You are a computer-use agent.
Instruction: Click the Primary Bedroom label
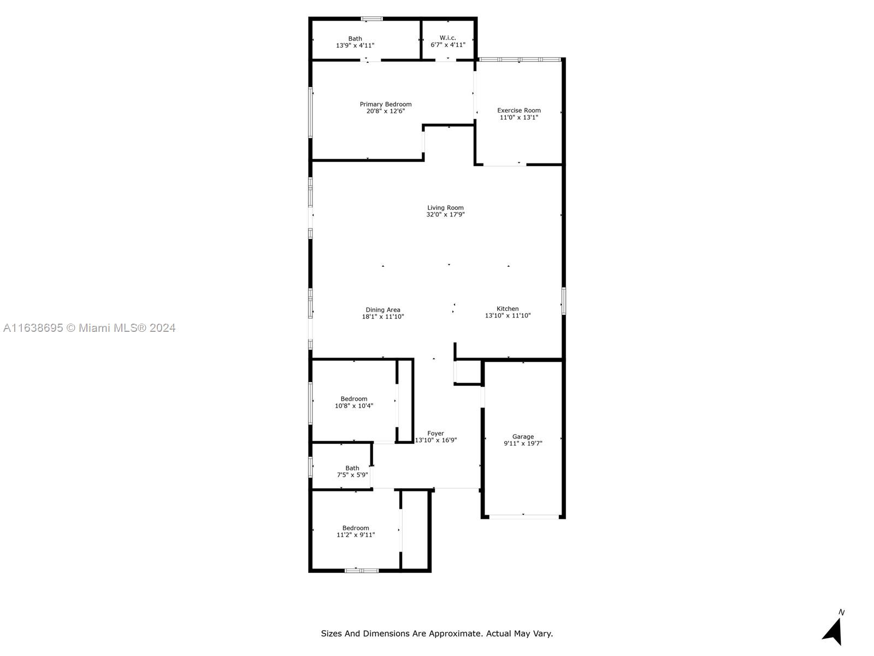coord(386,104)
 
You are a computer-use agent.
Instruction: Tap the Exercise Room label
coord(519,110)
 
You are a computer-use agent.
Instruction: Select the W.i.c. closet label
coord(448,38)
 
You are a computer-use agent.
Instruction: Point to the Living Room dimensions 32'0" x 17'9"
coord(445,215)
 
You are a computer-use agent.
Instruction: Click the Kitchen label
coord(507,309)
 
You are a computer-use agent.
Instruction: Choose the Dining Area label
coord(383,310)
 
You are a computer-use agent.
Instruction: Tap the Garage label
coord(523,437)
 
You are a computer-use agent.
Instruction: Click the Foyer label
coord(435,434)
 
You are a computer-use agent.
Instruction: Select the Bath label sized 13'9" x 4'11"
coord(355,39)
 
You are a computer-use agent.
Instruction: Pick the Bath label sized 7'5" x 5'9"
coord(352,468)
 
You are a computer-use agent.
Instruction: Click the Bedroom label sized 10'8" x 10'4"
coord(354,399)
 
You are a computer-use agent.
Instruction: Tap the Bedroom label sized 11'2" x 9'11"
coord(356,528)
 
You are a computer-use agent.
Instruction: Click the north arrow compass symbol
coord(833,631)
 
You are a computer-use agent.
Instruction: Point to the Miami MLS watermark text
coord(89,328)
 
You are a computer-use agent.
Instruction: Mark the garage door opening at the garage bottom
coord(523,516)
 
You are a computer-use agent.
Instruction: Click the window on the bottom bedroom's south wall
coord(361,571)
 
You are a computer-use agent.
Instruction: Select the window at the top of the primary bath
coord(372,19)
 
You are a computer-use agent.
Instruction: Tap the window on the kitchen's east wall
coord(564,301)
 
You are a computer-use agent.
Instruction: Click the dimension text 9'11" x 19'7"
coord(523,444)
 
